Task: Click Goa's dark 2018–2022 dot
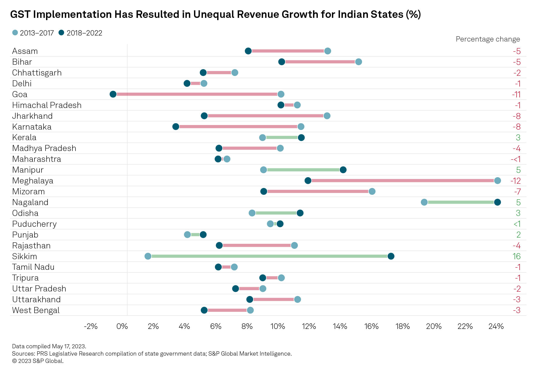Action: coord(113,94)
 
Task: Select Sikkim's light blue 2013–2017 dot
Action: coord(148,256)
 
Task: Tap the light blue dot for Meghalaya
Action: coord(497,180)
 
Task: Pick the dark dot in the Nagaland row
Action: coord(497,202)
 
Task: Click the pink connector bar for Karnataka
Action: coord(238,127)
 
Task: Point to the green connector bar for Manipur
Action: coord(303,170)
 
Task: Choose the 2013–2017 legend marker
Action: coord(15,33)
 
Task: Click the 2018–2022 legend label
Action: coord(84,33)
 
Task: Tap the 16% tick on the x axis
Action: coord(371,326)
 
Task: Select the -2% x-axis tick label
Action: coord(91,326)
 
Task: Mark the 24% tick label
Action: coord(496,326)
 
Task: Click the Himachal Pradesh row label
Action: coord(47,105)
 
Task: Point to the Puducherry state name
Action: coord(34,224)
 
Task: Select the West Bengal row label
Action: coord(36,310)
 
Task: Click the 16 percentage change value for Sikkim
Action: coord(516,256)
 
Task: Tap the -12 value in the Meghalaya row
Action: coord(515,181)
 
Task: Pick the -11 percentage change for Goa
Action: coord(516,94)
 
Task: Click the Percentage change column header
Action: coord(488,39)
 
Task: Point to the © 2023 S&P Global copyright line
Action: coord(38,361)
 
